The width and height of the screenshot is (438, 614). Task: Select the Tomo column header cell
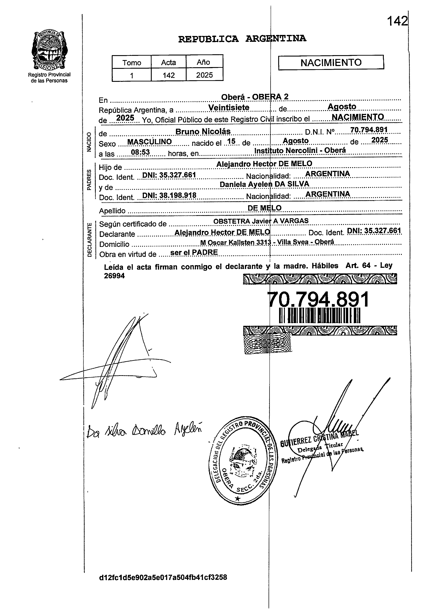132,62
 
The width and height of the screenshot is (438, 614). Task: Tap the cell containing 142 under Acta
169,75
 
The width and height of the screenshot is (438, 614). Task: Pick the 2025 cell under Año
204,75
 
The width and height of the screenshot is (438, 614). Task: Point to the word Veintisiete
229,107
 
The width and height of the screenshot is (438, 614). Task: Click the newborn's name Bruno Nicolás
203,132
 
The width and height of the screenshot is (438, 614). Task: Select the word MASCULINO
149,142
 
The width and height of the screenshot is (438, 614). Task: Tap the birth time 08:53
140,152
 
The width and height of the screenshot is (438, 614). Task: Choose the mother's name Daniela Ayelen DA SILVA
264,184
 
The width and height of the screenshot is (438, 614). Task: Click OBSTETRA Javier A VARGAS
261,221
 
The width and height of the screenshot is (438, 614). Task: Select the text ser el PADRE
194,252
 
